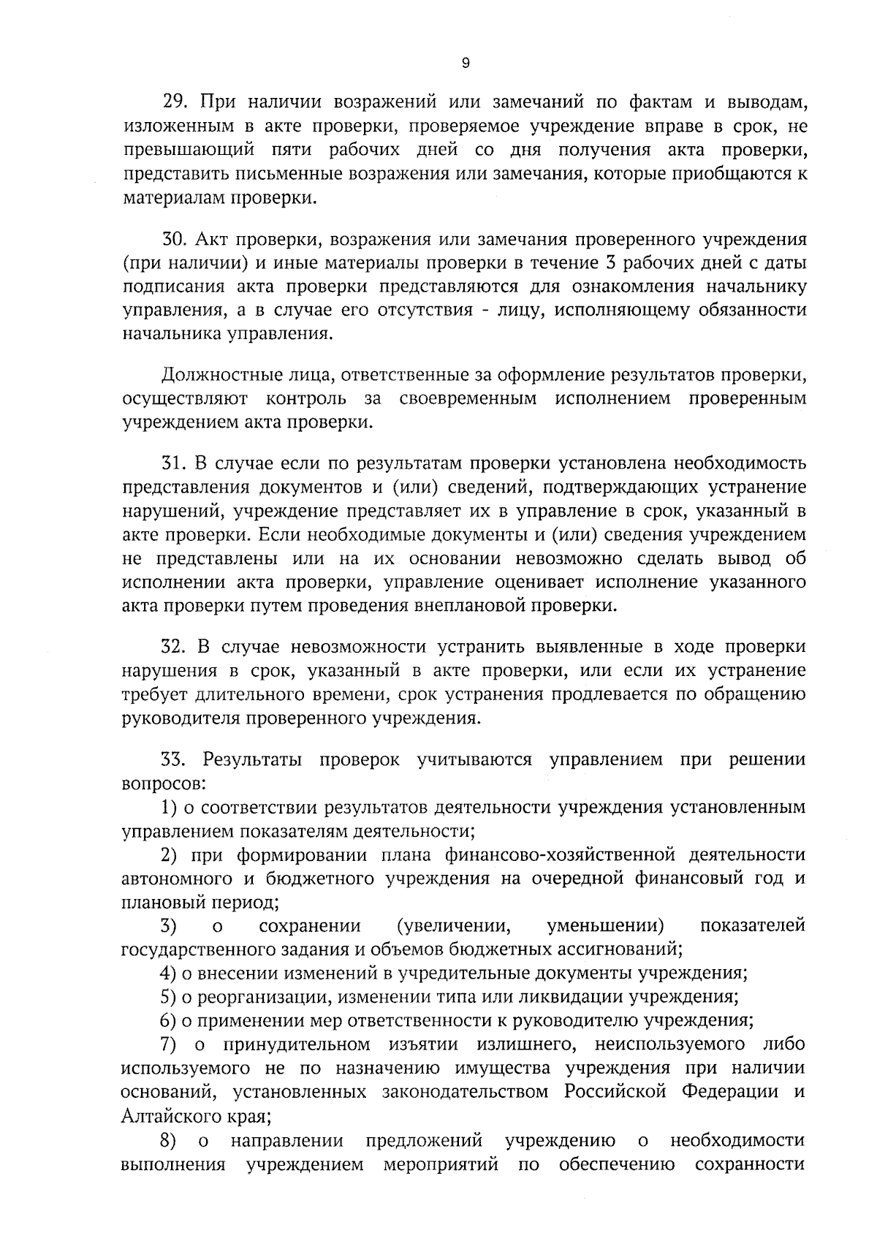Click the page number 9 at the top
point(466,64)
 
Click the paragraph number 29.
point(174,103)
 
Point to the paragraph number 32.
point(174,648)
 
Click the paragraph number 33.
point(174,760)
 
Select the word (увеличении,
point(453,927)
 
